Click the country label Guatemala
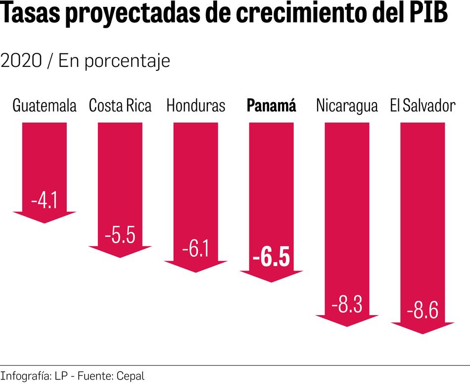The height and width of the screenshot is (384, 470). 45,106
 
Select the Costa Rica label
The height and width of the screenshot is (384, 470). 120,106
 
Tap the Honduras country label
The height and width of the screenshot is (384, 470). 196,106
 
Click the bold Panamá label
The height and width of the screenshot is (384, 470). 271,106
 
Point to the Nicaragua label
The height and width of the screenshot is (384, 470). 347,106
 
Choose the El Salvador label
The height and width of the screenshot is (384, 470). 423,106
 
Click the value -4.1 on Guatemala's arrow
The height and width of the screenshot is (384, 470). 45,201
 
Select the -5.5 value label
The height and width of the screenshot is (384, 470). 120,235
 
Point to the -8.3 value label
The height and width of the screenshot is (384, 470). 347,304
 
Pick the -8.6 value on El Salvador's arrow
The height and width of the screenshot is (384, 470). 423,312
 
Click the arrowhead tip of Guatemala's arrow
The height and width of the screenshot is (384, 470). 45,222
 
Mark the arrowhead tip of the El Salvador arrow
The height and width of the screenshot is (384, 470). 423,333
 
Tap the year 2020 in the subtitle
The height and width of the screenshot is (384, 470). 21,61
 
